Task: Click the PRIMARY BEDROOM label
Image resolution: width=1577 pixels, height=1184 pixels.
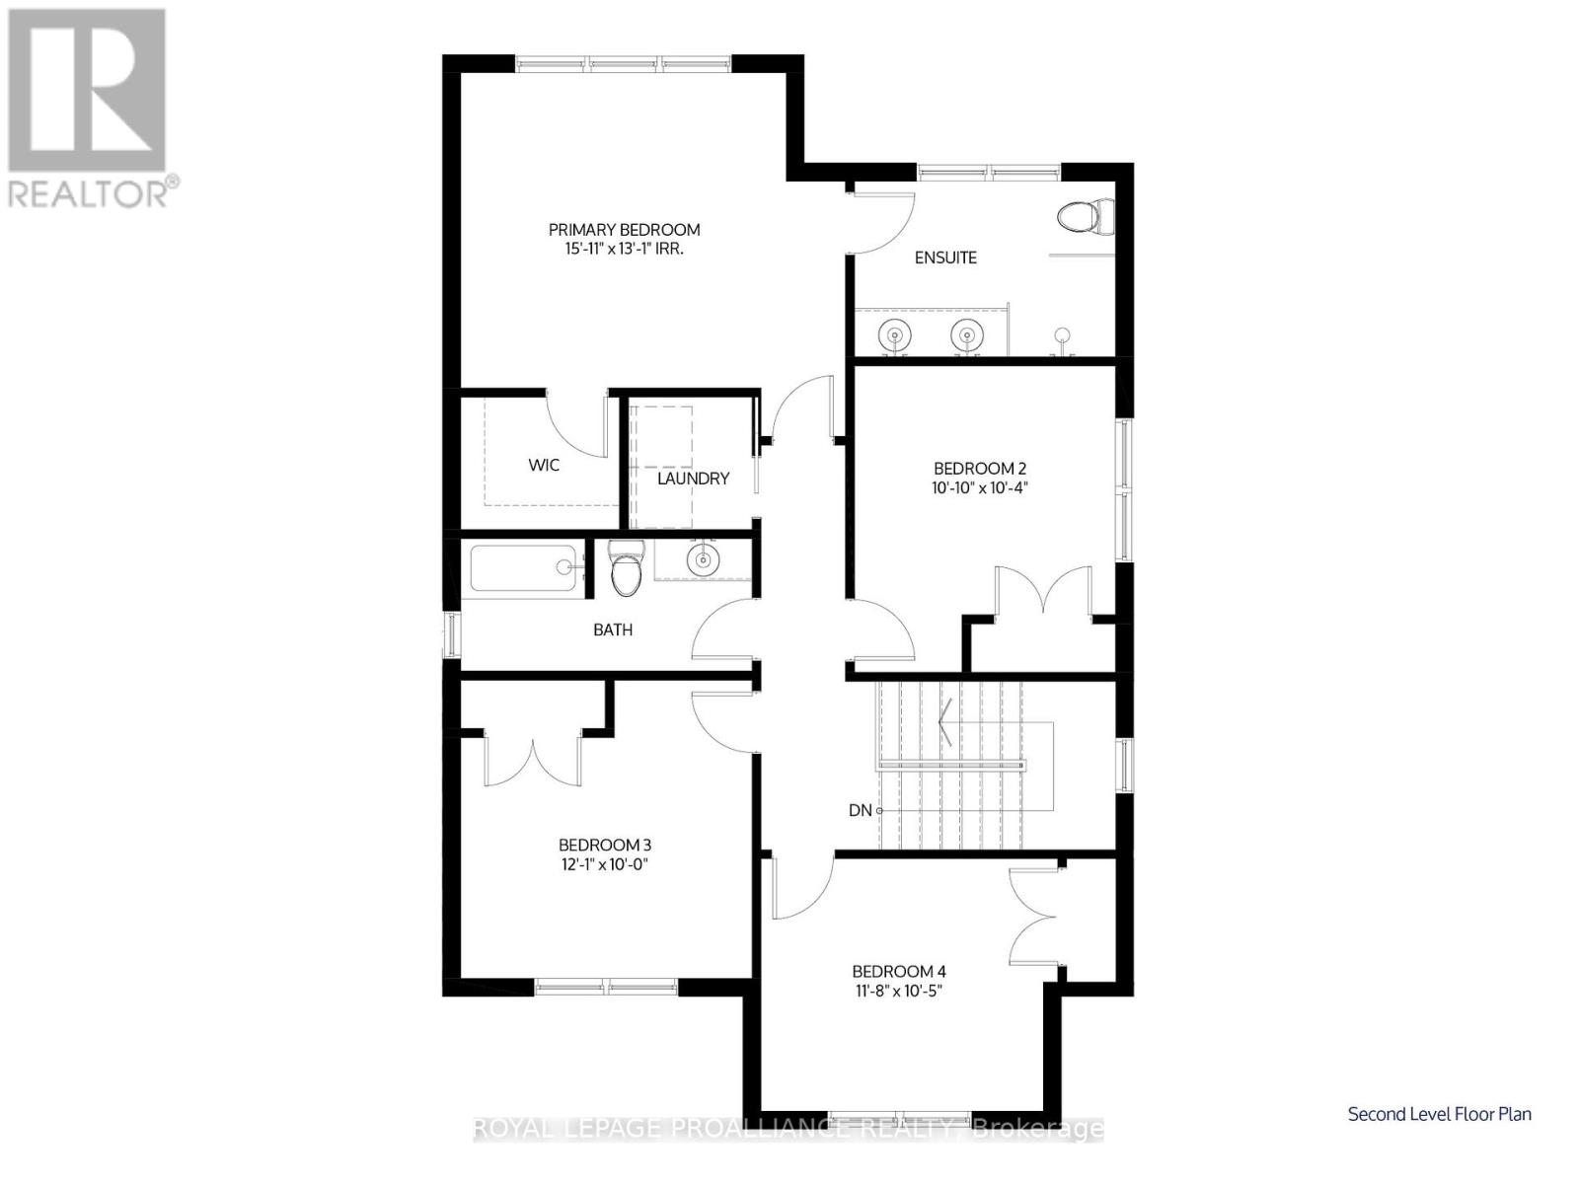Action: tap(624, 230)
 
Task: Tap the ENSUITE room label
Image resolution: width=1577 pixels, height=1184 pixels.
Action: tap(944, 258)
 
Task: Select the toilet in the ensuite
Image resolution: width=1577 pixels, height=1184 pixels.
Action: tap(1086, 215)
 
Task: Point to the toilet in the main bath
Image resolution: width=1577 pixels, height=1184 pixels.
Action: tap(625, 568)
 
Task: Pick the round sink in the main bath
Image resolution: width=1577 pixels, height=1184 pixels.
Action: tap(701, 559)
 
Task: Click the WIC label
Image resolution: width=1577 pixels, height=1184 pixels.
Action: tap(544, 466)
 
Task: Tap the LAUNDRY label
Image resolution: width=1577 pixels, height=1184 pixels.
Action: tap(694, 479)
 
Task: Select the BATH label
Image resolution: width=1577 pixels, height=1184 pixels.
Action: tap(613, 629)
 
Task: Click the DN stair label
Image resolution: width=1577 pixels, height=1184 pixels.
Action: tap(860, 811)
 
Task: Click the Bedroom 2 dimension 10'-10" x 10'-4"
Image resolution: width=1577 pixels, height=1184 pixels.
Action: tap(980, 488)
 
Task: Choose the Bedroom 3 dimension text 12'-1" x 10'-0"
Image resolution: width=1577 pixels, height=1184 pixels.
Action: tap(604, 864)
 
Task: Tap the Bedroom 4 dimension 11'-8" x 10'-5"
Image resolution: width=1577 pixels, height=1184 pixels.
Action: tap(899, 992)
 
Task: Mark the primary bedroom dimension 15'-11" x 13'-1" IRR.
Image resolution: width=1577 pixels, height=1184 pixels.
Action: tap(624, 250)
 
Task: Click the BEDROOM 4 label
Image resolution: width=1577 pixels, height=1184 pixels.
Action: tap(899, 972)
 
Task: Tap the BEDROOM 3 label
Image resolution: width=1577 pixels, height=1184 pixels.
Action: tap(605, 846)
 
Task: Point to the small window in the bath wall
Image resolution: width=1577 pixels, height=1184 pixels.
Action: tap(451, 634)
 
